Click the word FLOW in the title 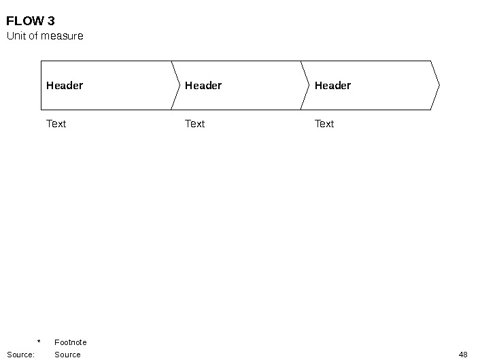click(25, 21)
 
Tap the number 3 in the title click(51, 21)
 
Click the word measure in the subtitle click(62, 36)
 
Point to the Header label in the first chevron click(65, 86)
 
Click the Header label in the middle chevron click(203, 86)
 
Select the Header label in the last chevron click(332, 86)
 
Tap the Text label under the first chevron click(56, 124)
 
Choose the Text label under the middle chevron click(194, 124)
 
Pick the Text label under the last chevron click(324, 124)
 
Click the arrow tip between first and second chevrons click(179, 86)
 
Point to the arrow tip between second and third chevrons click(309, 86)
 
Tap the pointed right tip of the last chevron click(439, 86)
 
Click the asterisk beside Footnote click(39, 342)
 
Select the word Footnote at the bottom click(71, 342)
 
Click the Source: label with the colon click(20, 355)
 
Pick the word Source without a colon click(67, 355)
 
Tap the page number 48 click(463, 355)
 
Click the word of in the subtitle click(33, 36)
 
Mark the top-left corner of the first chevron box click(41, 61)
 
